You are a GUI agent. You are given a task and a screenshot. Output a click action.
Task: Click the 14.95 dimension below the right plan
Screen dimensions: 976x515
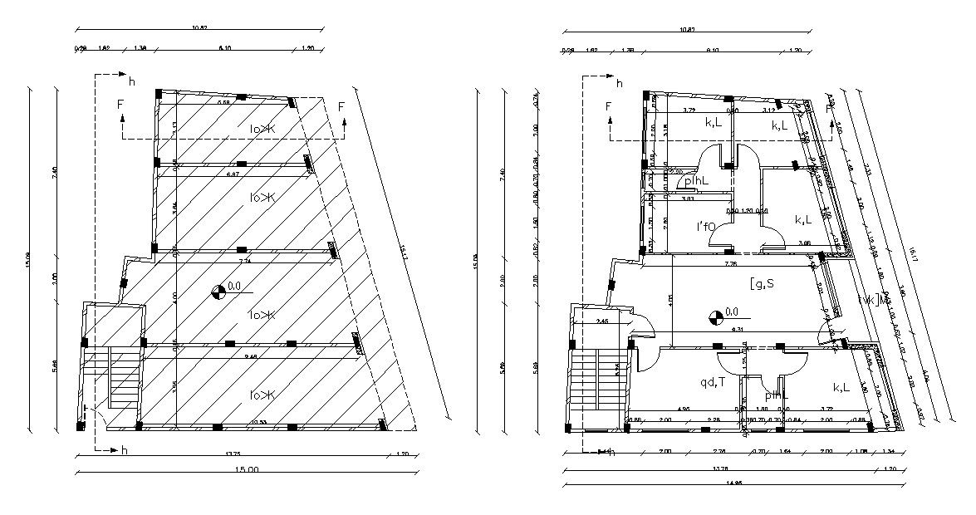tap(734, 484)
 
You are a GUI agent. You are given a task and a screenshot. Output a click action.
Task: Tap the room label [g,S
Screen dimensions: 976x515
tap(762, 284)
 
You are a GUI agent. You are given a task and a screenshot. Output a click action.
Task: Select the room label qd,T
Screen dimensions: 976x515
tap(713, 382)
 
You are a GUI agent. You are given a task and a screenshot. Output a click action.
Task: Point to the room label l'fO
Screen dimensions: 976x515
tap(705, 226)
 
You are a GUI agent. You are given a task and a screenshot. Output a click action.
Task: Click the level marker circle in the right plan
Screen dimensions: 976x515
tap(714, 315)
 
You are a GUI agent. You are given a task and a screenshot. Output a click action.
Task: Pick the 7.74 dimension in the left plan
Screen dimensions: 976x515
tap(245, 261)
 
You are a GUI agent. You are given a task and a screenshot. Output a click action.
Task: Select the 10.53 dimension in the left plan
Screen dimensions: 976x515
tap(259, 423)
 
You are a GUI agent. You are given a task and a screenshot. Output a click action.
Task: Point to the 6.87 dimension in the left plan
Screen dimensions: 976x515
tap(233, 174)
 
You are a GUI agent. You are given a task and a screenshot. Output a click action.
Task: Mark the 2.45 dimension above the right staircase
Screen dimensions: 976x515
tap(602, 321)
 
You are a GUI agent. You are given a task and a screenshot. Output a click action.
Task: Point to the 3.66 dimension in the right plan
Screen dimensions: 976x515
tap(805, 243)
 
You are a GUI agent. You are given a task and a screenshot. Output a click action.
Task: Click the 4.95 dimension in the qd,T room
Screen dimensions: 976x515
tap(684, 409)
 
